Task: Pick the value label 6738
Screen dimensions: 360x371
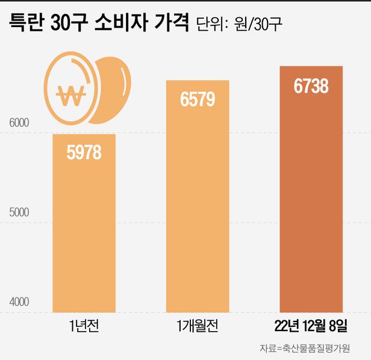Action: click(311, 86)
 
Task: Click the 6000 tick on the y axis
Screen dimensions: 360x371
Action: click(19, 123)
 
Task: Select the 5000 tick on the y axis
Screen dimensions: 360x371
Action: click(19, 212)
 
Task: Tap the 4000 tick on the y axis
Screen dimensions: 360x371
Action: click(19, 302)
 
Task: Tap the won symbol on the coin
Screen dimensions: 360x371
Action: click(71, 94)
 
